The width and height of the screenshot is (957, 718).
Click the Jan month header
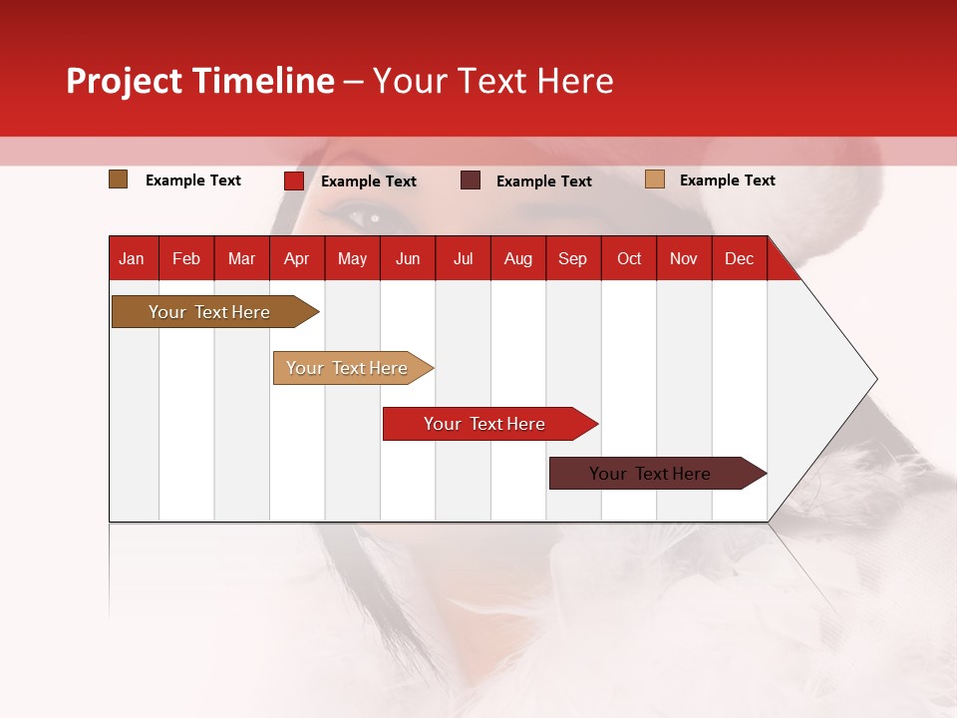click(x=133, y=258)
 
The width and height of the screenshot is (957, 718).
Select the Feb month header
click(x=186, y=258)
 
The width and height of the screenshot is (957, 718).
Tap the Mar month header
click(x=241, y=258)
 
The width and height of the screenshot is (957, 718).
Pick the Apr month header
click(x=297, y=258)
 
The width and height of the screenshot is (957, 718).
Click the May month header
click(x=352, y=258)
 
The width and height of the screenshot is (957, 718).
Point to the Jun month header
click(x=408, y=258)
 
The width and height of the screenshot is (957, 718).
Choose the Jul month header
click(x=463, y=258)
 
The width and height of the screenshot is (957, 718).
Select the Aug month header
click(x=518, y=258)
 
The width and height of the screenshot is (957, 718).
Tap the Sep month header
click(x=573, y=258)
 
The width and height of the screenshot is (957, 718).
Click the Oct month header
click(x=629, y=258)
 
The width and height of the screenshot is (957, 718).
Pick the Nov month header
click(x=684, y=258)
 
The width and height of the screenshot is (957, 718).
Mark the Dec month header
click(x=740, y=258)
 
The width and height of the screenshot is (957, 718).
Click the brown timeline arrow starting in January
click(x=210, y=312)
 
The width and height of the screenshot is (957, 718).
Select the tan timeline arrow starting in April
click(x=348, y=368)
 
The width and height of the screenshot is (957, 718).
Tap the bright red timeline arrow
click(x=485, y=424)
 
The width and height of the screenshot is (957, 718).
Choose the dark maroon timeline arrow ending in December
click(x=651, y=474)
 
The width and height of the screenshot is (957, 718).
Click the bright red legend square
click(x=294, y=180)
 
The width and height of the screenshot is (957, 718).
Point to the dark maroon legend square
click(x=471, y=180)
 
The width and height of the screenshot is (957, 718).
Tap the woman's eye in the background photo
click(x=364, y=215)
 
